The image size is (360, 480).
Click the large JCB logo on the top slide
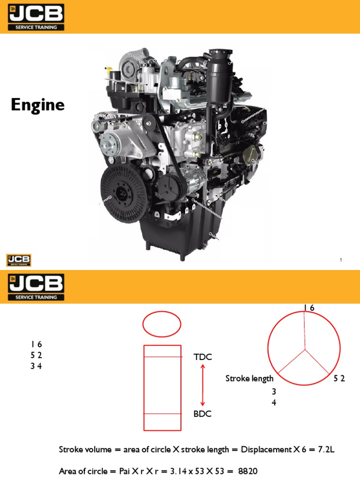click(x=36, y=17)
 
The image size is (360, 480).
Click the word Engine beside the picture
click(x=37, y=105)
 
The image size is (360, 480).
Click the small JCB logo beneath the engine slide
click(x=19, y=260)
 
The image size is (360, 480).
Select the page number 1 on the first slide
click(x=341, y=260)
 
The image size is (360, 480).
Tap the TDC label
click(x=202, y=357)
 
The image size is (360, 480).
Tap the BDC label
click(x=202, y=414)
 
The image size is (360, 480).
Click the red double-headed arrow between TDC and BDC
click(x=202, y=385)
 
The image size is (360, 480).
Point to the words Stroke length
click(x=249, y=378)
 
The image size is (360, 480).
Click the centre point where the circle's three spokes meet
click(x=305, y=349)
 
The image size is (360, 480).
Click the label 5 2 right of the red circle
click(x=339, y=379)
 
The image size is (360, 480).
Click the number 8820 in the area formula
click(x=248, y=471)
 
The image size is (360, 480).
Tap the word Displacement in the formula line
click(x=266, y=450)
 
